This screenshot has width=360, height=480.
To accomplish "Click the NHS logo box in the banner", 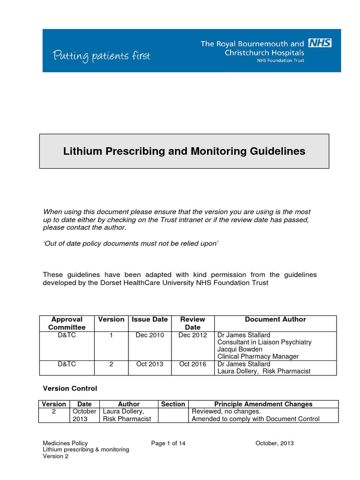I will pos(320,43).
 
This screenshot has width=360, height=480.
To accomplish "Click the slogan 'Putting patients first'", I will pos(101,56).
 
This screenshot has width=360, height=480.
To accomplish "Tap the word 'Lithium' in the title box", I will pos(81,151).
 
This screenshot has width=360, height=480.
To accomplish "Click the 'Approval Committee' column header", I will pos(67,323).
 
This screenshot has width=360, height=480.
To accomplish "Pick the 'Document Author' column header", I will pos(275,319).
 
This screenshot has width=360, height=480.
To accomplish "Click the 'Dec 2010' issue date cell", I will pos(150,335).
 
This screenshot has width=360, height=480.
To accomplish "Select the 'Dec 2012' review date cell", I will pos(192,335).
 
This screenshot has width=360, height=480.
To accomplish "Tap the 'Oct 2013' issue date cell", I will pos(150,364).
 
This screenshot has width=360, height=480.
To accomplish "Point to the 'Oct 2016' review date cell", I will pos(192,364).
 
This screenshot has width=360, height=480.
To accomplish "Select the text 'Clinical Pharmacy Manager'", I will pos(258,357).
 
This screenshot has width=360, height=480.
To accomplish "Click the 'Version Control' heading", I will pos(70,389).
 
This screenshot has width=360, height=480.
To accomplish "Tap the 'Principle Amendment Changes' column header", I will pos(263,404).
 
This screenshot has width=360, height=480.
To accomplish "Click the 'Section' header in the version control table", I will pos(173,404).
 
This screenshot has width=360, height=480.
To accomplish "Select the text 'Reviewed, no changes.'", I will pos(226,412).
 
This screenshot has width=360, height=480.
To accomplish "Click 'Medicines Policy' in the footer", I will pos(65,443).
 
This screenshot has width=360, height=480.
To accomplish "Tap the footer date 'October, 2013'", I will pos(275,443).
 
